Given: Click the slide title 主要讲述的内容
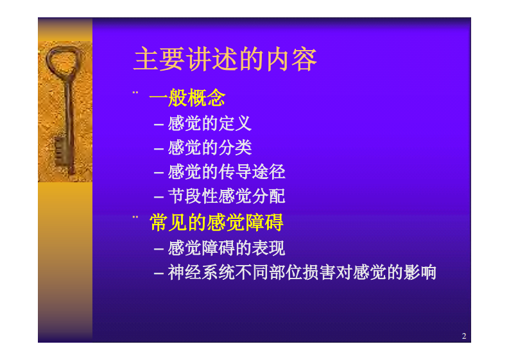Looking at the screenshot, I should [x=225, y=60].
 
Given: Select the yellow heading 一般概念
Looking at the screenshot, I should [x=187, y=98].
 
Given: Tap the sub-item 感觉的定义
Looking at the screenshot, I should [x=209, y=123].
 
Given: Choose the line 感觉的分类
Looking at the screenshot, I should [x=209, y=148].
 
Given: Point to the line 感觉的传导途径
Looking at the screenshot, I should [x=226, y=172].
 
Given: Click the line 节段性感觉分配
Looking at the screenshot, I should [x=226, y=196].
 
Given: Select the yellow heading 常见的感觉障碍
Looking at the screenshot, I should [x=216, y=223].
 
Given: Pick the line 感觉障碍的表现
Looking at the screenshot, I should [x=226, y=248].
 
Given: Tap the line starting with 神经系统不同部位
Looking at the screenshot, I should [x=302, y=272].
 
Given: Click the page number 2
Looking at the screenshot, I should [x=463, y=336].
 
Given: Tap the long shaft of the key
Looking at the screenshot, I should [x=67, y=109].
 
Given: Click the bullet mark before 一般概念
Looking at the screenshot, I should [x=135, y=92].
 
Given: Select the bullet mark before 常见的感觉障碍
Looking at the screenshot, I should [x=135, y=217].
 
